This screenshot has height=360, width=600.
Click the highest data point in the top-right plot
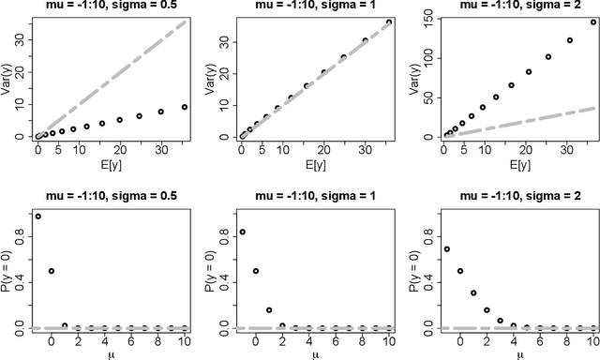(x=592, y=22)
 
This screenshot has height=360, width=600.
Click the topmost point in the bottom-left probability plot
(x=37, y=216)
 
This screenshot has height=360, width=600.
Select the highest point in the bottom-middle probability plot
(x=243, y=232)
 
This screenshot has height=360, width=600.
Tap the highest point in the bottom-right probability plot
(x=446, y=248)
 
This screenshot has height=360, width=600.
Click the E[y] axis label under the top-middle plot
(x=313, y=167)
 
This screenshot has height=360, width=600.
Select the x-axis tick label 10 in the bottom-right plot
(x=591, y=343)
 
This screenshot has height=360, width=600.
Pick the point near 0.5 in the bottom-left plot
(x=51, y=270)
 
